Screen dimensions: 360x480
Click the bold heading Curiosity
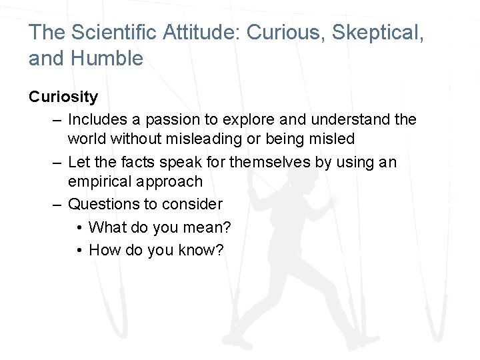tap(63, 97)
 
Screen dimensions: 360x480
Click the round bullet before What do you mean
tap(79, 228)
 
